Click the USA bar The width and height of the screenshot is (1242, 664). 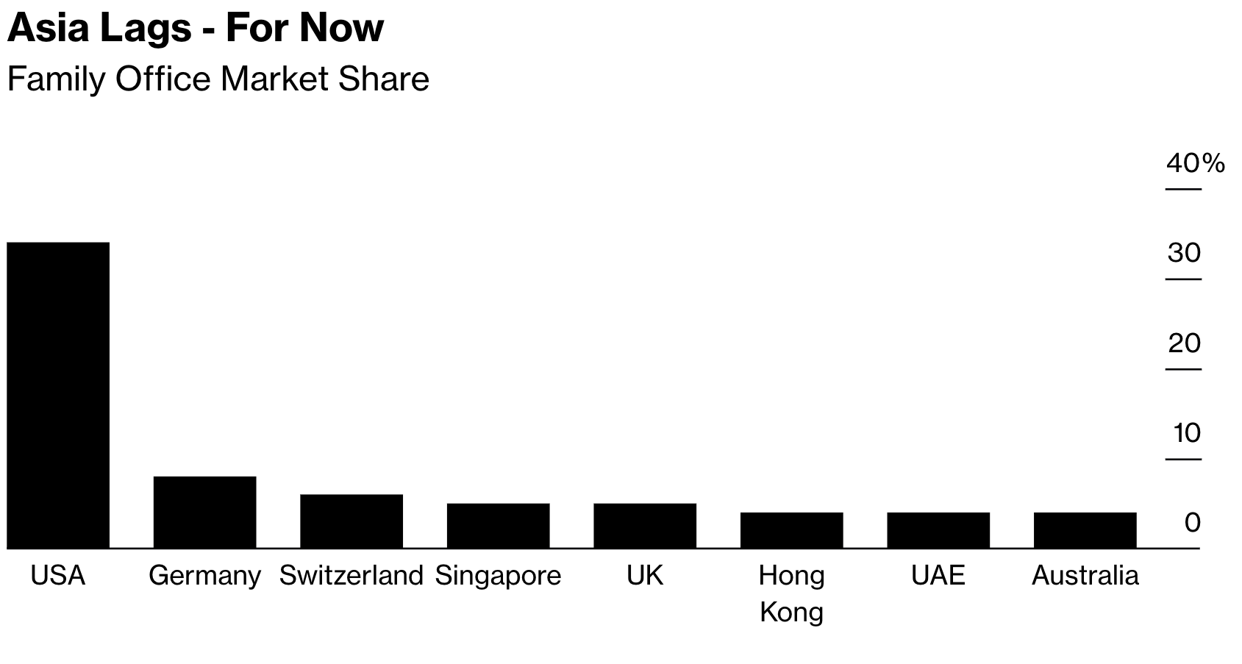[x=58, y=395]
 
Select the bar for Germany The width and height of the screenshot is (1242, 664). [x=204, y=512]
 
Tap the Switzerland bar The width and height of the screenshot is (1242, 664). [x=351, y=521]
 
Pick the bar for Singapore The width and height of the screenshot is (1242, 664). [x=498, y=525]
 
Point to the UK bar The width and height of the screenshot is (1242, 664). [x=645, y=525]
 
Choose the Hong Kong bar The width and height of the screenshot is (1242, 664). [x=791, y=529]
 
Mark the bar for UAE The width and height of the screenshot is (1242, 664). [x=938, y=529]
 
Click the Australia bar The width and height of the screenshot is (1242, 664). [x=1085, y=529]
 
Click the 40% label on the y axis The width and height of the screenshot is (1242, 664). [x=1195, y=163]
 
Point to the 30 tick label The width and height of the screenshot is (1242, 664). [x=1184, y=253]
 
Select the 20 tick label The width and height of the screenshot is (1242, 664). [x=1184, y=343]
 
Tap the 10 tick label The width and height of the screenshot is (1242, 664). [x=1186, y=433]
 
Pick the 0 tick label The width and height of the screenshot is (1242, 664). [x=1192, y=523]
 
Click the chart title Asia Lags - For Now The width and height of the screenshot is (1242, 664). [x=196, y=28]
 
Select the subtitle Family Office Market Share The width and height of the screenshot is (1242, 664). [x=218, y=79]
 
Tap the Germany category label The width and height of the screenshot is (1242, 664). [x=204, y=575]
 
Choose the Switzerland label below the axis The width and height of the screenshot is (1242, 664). [x=351, y=575]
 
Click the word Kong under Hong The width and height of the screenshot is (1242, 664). [x=791, y=612]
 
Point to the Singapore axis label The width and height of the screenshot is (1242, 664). [x=498, y=575]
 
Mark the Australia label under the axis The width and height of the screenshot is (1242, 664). [x=1085, y=575]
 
